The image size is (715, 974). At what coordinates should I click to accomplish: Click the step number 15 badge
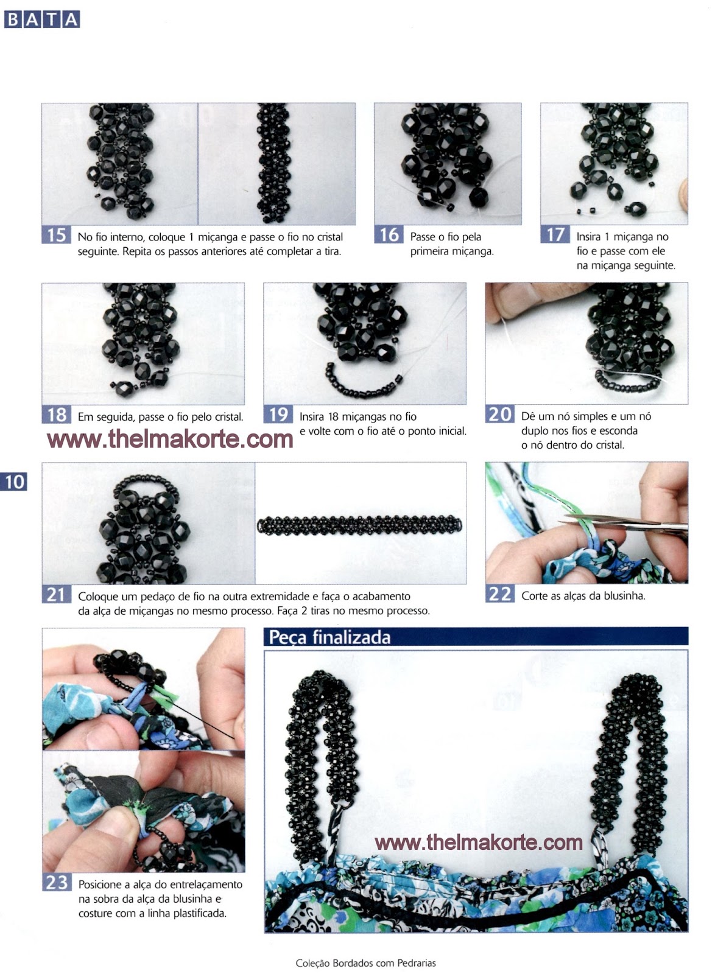point(56,235)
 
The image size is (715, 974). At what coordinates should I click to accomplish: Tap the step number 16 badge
point(389,235)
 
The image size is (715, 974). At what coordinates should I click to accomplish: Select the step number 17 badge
point(555,235)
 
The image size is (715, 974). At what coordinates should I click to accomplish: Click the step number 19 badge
point(278,415)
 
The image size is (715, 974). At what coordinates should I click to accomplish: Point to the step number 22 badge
point(499,594)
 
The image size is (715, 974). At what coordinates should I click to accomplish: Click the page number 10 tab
point(14,482)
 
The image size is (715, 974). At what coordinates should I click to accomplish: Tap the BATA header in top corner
point(42,19)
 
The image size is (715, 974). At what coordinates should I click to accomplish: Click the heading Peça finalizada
point(329,637)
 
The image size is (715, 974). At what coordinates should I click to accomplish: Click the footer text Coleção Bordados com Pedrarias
point(365,963)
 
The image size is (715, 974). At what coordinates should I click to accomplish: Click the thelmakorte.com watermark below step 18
point(170,438)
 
